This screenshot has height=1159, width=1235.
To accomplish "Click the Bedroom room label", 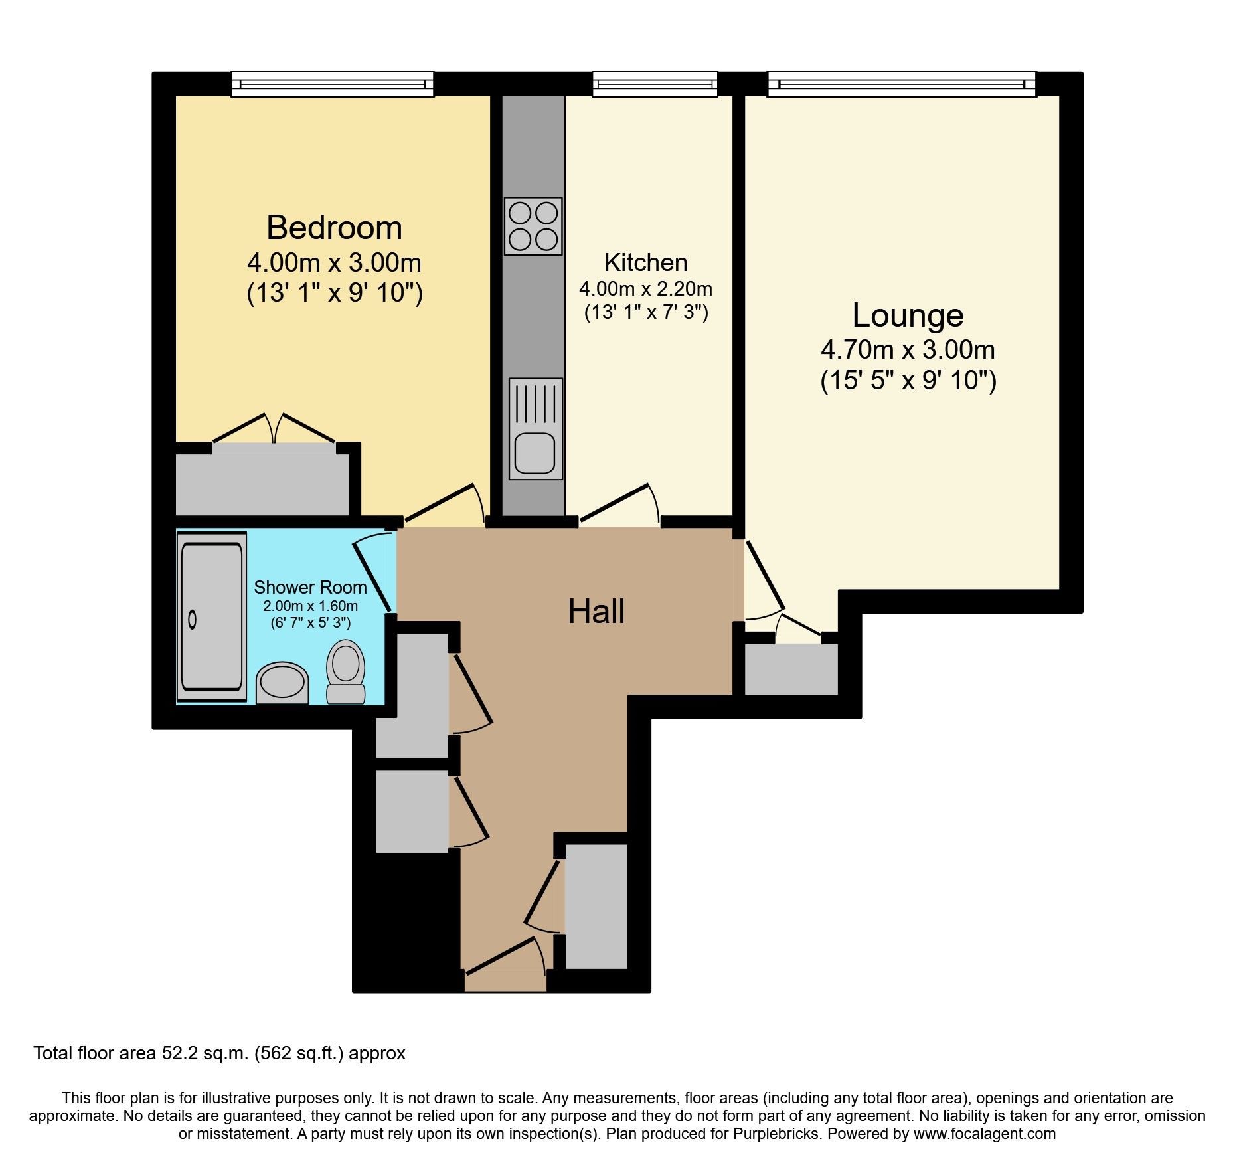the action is pos(335,228).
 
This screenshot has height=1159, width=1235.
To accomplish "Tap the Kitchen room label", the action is pos(645,262).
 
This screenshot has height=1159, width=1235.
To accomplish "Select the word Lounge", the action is pos(908,315).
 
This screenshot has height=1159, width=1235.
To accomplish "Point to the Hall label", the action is pos(596,611).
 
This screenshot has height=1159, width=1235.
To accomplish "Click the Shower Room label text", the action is pos(310,587).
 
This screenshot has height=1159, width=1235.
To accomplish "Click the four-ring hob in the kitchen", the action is pos(533,226).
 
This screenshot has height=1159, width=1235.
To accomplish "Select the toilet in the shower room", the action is pos(346,671).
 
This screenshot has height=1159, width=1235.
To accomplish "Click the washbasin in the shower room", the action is pos(282,683).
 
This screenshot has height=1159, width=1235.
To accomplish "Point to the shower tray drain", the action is pos(193,620).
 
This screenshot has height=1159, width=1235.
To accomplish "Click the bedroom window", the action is pos(333,84).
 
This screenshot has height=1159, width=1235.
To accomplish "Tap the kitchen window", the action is pos(655,84).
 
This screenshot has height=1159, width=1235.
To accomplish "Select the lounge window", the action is pos(902,84).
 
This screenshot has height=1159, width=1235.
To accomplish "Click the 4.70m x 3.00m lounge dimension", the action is pos(908,349).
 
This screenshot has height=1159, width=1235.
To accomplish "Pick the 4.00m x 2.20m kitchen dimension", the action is pos(645,289).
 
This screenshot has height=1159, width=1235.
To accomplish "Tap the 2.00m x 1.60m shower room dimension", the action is pos(310,606).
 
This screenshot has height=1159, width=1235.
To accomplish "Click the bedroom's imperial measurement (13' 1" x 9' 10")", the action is pos(335,292).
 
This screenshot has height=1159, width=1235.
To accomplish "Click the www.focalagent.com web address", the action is pos(985,1134).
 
